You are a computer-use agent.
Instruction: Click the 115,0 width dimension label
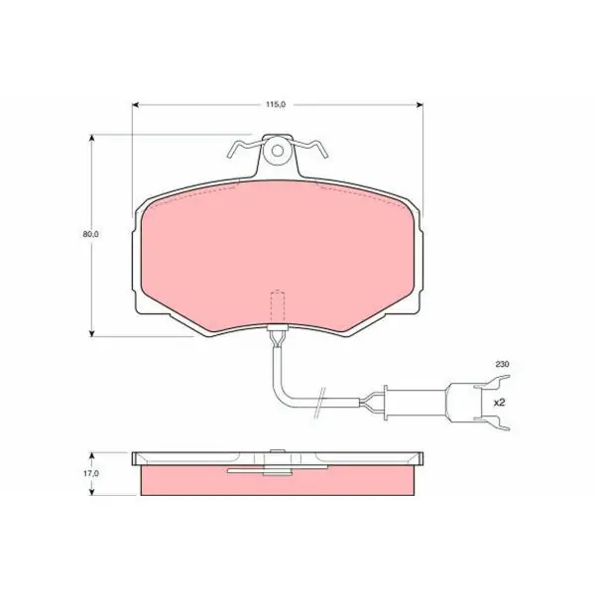(276, 105)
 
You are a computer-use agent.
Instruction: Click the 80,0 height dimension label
(90, 234)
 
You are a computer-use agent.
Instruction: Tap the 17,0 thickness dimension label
(91, 474)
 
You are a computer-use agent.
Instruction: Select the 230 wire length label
(502, 364)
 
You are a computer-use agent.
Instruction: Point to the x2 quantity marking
(500, 403)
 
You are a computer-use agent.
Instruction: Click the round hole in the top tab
(278, 151)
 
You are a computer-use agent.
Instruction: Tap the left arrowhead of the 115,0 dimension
(135, 105)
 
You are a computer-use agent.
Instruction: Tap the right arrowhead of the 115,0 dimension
(419, 105)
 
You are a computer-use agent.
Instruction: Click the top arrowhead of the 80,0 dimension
(91, 138)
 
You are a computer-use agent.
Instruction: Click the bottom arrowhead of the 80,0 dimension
(91, 333)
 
